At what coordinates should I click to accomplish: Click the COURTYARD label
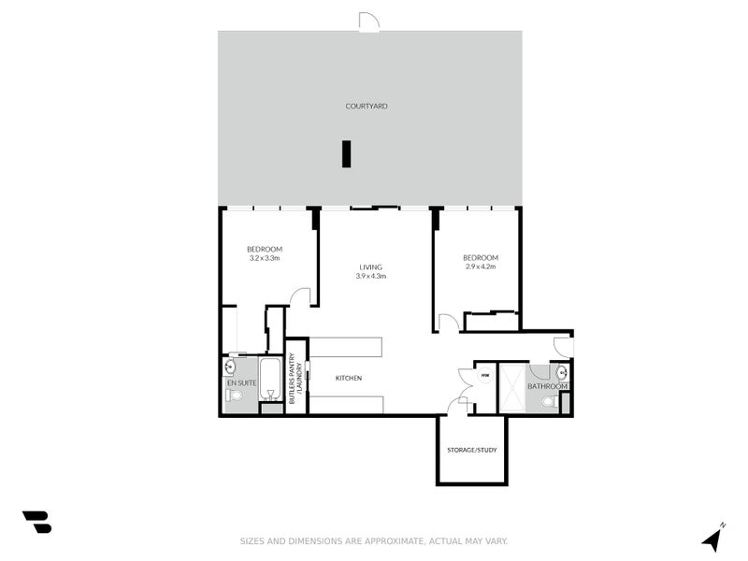pyautogui.click(x=367, y=107)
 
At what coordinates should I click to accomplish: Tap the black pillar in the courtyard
pyautogui.click(x=346, y=153)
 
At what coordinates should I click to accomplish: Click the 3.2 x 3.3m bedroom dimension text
pyautogui.click(x=265, y=258)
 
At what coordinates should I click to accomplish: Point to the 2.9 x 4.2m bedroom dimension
pyautogui.click(x=480, y=266)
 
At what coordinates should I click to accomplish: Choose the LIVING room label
pyautogui.click(x=370, y=267)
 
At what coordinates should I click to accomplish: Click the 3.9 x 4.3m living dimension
pyautogui.click(x=370, y=277)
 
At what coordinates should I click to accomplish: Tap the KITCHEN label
pyautogui.click(x=349, y=378)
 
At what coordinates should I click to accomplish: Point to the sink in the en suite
pyautogui.click(x=230, y=367)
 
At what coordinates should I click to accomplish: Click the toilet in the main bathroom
pyautogui.click(x=558, y=402)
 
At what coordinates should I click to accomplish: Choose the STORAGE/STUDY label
pyautogui.click(x=471, y=451)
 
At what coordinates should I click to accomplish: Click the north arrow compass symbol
pyautogui.click(x=712, y=539)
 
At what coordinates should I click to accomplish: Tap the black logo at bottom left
pyautogui.click(x=36, y=522)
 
